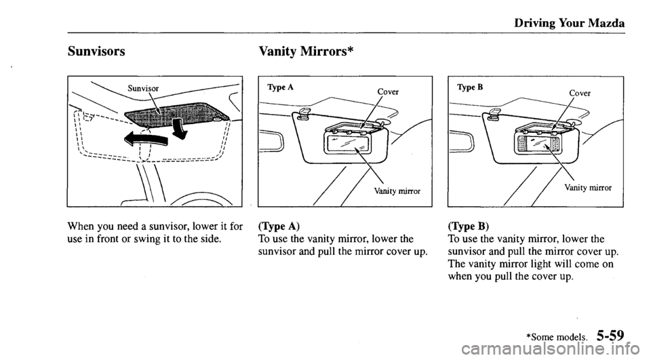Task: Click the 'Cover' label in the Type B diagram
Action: tap(581, 93)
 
